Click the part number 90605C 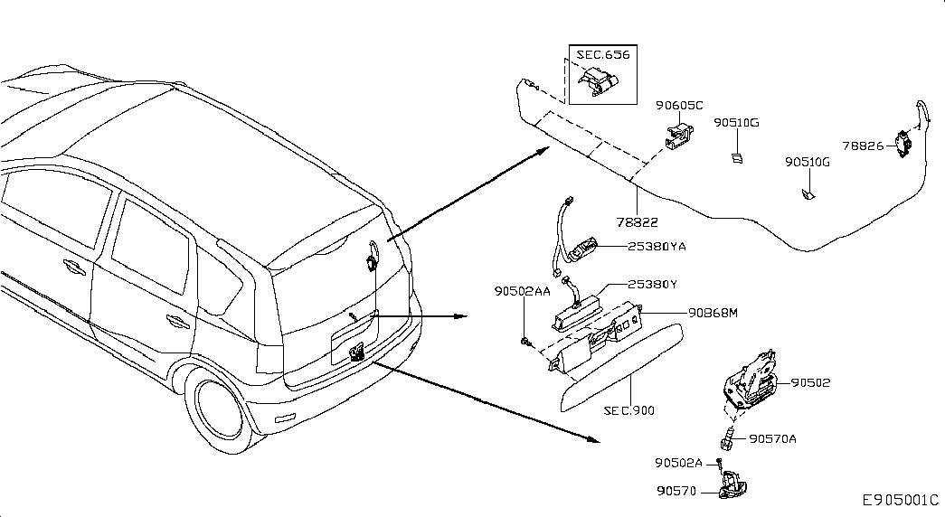[679, 106]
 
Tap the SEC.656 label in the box [602, 54]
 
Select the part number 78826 [863, 146]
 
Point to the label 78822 [637, 222]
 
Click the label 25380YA [657, 247]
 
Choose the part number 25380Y [653, 285]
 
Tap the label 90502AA [523, 291]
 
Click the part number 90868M [713, 313]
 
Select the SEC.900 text [628, 411]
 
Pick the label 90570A [772, 438]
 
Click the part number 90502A [678, 463]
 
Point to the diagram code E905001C [901, 500]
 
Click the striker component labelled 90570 [732, 485]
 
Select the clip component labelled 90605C [679, 136]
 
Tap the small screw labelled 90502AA [525, 343]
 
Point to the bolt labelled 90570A [727, 438]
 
